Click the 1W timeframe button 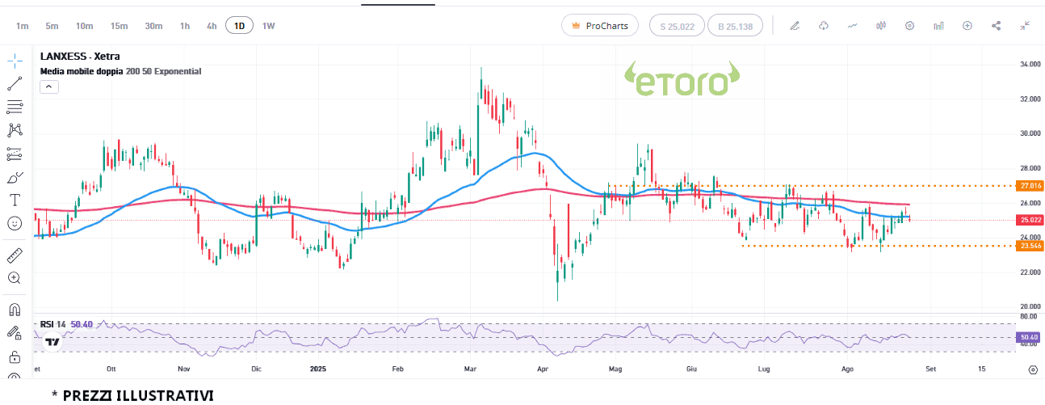(268, 26)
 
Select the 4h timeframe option (212, 26)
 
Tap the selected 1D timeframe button (239, 26)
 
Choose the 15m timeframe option (119, 26)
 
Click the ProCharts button (600, 26)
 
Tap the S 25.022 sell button (677, 26)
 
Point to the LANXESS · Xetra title (80, 57)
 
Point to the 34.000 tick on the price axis (1028, 64)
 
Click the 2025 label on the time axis (318, 369)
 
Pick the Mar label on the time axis (471, 369)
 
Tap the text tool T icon (15, 200)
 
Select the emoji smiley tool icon (15, 223)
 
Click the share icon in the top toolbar (996, 26)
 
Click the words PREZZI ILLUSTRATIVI (137, 395)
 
